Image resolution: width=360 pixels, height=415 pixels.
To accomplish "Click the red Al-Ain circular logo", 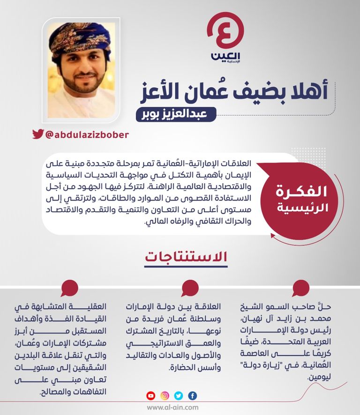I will pos(225,30).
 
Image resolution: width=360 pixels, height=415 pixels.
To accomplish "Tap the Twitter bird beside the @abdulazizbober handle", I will pos(38,134).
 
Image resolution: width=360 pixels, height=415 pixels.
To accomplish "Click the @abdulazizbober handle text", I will pos(87,134).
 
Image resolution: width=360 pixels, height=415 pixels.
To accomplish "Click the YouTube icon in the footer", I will pos(151,396).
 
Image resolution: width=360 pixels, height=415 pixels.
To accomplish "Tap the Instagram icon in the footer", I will pos(165,396).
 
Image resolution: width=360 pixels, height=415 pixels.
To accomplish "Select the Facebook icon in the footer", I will pos(193,396).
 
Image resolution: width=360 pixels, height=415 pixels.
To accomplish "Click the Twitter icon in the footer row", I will pos(179,396).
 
